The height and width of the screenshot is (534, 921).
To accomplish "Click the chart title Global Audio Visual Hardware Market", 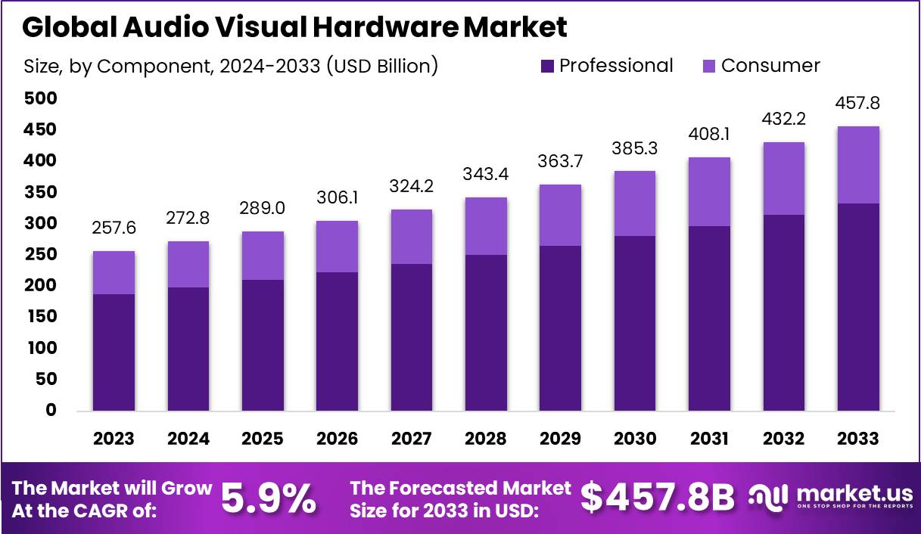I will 294,27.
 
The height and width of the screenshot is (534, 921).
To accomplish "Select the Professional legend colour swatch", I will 548,67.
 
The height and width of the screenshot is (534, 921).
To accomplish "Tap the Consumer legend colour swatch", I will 710,67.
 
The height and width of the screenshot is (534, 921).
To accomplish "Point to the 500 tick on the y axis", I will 40,98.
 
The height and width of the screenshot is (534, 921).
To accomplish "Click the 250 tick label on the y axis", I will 40,254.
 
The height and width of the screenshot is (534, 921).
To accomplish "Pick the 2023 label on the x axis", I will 114,439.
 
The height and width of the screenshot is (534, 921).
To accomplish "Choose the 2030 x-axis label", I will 634,439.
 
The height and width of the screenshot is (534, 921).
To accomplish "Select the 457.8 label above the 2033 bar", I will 857,103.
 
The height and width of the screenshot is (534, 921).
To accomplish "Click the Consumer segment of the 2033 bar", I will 858,165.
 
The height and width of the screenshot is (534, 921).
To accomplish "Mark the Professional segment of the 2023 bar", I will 114,352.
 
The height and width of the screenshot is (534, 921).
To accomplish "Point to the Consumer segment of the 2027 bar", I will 411,237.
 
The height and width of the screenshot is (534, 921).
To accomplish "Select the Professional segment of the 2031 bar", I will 709,318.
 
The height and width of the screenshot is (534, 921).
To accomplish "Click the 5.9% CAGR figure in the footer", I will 269,498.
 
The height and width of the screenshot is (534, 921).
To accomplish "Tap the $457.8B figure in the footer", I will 658,498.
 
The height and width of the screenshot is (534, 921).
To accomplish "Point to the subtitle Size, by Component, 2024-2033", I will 231,66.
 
